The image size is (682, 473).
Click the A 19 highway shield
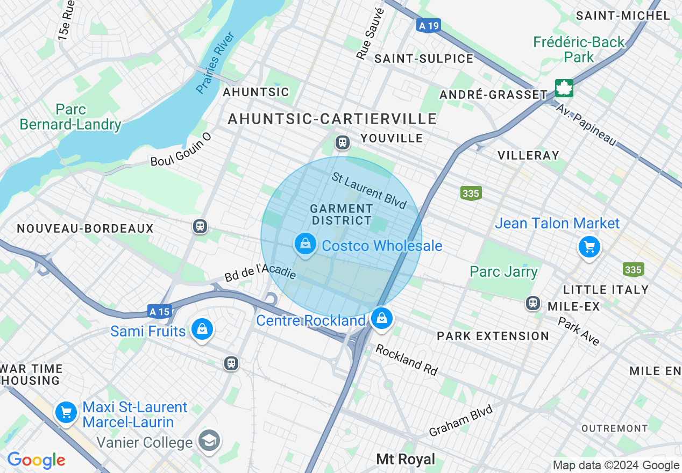click(x=428, y=25)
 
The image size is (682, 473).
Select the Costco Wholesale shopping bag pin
click(x=305, y=245)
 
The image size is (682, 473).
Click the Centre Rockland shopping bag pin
click(x=381, y=319)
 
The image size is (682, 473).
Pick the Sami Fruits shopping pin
click(x=202, y=329)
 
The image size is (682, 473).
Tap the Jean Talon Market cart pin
click(x=589, y=247)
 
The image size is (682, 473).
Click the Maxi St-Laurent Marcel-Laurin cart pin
click(x=66, y=413)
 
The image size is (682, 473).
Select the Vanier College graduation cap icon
click(x=209, y=441)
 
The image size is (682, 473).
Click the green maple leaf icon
click(x=564, y=88)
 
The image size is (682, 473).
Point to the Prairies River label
click(x=216, y=63)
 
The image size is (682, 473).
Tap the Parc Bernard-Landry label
click(x=70, y=117)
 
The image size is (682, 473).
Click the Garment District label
click(x=342, y=214)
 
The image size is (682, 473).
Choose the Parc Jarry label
click(x=503, y=271)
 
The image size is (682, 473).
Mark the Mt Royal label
click(x=406, y=459)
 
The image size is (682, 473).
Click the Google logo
click(x=36, y=460)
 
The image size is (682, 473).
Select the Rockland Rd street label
click(x=407, y=360)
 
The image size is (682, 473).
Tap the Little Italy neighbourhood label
click(x=606, y=290)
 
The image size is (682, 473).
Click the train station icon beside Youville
click(x=342, y=142)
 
